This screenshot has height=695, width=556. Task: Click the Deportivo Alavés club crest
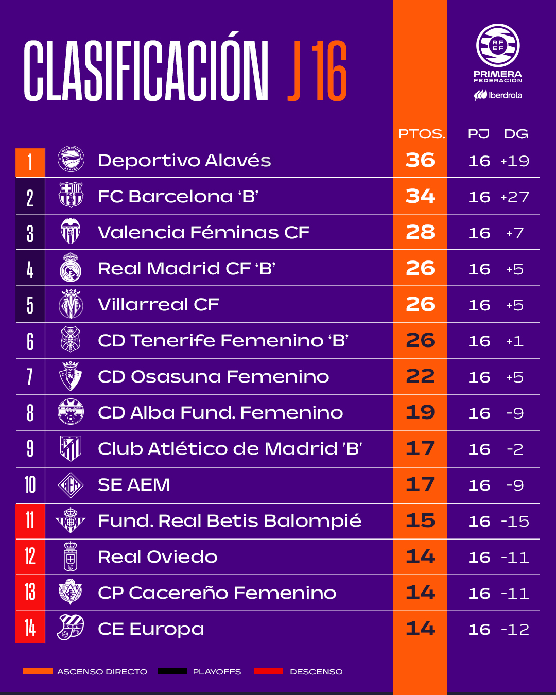[71, 159]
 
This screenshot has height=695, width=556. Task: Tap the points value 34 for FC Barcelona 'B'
[420, 196]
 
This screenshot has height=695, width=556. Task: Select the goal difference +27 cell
[514, 197]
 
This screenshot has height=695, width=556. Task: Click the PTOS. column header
[422, 134]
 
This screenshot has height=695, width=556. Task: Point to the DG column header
[516, 134]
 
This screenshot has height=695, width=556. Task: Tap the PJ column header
[478, 134]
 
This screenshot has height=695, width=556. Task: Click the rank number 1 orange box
[30, 163]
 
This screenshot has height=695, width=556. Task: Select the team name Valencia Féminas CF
[203, 232]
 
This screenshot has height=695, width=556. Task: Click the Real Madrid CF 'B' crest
[71, 267]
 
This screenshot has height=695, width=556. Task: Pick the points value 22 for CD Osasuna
[420, 376]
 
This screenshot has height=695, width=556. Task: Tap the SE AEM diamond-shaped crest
[71, 485]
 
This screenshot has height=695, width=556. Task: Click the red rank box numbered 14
[30, 627]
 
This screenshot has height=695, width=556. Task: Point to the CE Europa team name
[151, 629]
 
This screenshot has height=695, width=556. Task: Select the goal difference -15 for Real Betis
[515, 521]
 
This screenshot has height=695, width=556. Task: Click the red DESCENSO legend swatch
[268, 671]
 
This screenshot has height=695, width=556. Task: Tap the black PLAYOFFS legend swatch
[172, 671]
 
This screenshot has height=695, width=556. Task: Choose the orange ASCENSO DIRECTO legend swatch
[38, 671]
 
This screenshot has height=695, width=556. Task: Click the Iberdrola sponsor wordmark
[498, 95]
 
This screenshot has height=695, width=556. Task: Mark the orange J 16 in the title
[317, 71]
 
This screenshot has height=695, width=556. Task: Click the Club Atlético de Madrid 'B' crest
[71, 448]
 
